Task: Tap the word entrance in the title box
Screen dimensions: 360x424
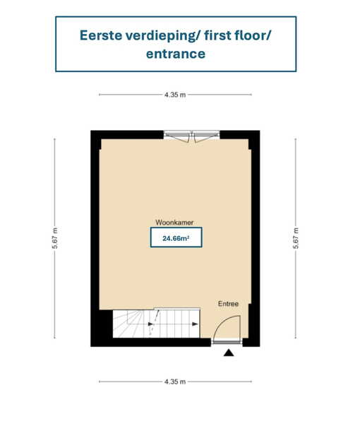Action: click(176, 54)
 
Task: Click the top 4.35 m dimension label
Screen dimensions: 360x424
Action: click(175, 95)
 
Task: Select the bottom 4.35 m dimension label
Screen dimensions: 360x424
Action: click(175, 382)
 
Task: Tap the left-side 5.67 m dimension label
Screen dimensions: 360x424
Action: click(55, 238)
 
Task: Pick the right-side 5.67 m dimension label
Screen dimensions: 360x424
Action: click(296, 238)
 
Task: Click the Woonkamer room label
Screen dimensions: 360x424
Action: click(174, 223)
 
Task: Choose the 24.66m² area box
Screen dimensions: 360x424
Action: click(176, 237)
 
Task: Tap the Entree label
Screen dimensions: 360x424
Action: click(228, 304)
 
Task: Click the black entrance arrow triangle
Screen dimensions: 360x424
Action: click(229, 353)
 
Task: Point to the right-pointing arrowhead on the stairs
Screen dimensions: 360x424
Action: click(195, 324)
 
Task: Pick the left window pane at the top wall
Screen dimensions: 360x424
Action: click(177, 136)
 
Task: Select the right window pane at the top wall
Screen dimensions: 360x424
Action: click(206, 136)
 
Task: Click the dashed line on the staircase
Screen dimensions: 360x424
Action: click(154, 323)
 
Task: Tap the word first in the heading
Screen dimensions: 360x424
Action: click(217, 35)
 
